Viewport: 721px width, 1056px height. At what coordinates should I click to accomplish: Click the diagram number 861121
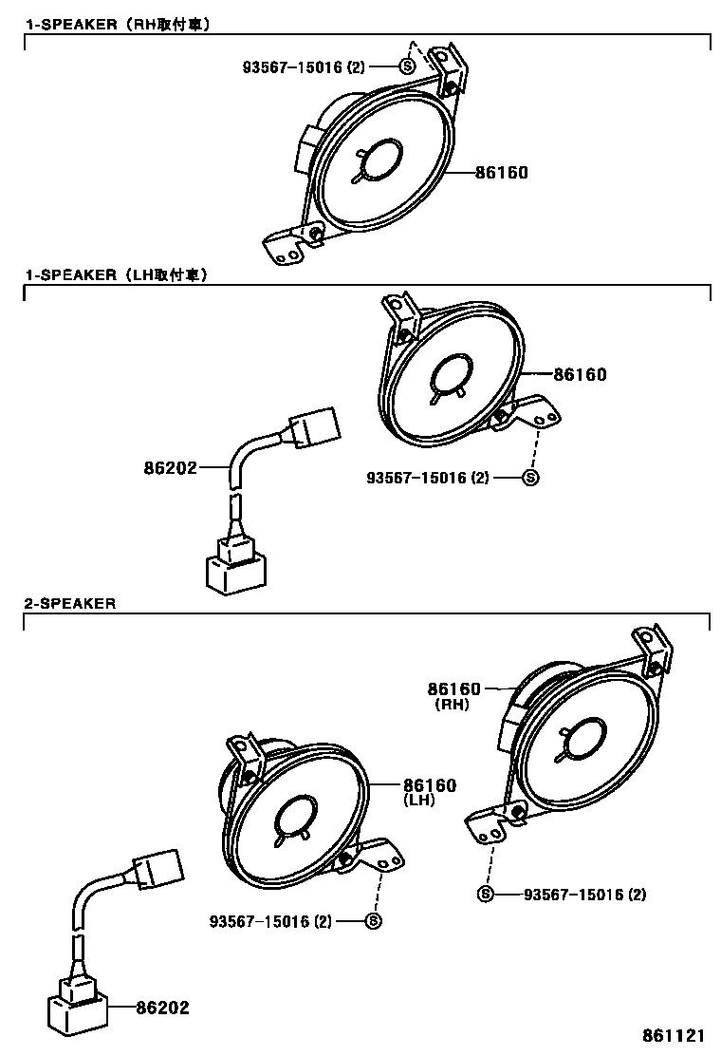[x=676, y=1035]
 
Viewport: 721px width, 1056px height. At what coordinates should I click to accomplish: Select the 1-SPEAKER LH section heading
[x=116, y=275]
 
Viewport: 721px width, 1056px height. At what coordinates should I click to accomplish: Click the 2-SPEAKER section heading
[x=70, y=603]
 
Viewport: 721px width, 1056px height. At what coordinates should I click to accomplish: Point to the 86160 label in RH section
[x=501, y=173]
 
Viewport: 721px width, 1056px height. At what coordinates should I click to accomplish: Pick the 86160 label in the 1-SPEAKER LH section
[x=580, y=375]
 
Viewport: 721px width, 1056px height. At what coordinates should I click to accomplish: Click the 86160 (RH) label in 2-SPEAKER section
[x=453, y=689]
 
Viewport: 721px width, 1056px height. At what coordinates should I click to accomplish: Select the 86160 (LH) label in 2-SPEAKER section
[x=430, y=785]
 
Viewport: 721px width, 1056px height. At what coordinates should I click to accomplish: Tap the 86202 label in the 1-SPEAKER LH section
[x=171, y=467]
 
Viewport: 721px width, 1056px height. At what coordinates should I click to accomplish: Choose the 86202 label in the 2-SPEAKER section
[x=162, y=1008]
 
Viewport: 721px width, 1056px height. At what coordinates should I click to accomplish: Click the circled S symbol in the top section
[x=407, y=66]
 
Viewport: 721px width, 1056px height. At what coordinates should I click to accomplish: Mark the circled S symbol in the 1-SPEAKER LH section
[x=531, y=478]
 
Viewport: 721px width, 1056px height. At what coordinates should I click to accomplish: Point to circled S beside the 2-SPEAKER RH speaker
[x=487, y=894]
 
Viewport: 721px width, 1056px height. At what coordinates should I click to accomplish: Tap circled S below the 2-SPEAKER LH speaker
[x=373, y=920]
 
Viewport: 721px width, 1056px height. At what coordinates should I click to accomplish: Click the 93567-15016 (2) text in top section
[x=303, y=66]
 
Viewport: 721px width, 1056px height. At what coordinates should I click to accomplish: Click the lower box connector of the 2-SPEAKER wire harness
[x=77, y=1011]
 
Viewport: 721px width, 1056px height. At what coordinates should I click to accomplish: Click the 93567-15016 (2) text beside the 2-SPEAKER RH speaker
[x=584, y=894]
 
